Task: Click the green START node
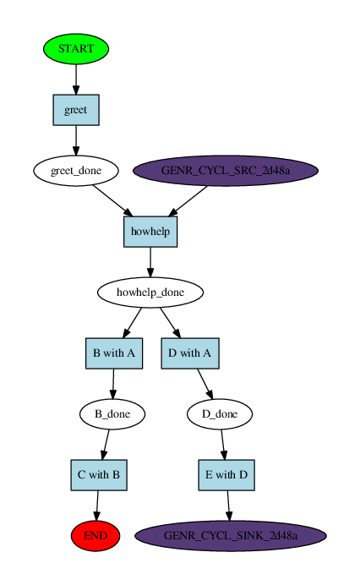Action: click(x=76, y=49)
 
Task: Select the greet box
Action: click(x=76, y=110)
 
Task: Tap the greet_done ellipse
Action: click(x=76, y=171)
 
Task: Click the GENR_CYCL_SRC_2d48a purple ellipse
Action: click(x=226, y=171)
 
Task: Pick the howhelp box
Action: click(x=150, y=232)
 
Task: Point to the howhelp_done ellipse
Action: click(x=150, y=292)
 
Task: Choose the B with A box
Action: click(x=113, y=353)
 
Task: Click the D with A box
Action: click(x=190, y=353)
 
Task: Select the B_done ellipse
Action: click(x=112, y=414)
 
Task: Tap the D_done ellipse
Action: click(x=219, y=414)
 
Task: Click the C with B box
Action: click(x=99, y=475)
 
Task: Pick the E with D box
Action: click(x=226, y=475)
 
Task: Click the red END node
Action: click(x=95, y=536)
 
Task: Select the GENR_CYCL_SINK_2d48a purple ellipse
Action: click(x=230, y=536)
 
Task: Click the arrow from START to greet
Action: click(x=76, y=79)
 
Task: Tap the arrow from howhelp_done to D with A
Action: click(x=171, y=323)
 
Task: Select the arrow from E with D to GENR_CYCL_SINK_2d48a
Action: click(x=227, y=505)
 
